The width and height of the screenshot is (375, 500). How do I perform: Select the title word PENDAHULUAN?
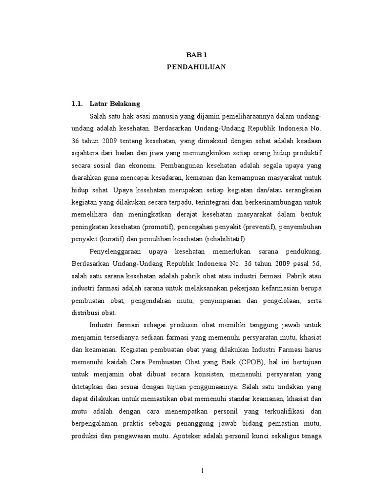(x=197, y=67)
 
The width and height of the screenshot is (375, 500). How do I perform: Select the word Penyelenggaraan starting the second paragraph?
(x=117, y=251)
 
